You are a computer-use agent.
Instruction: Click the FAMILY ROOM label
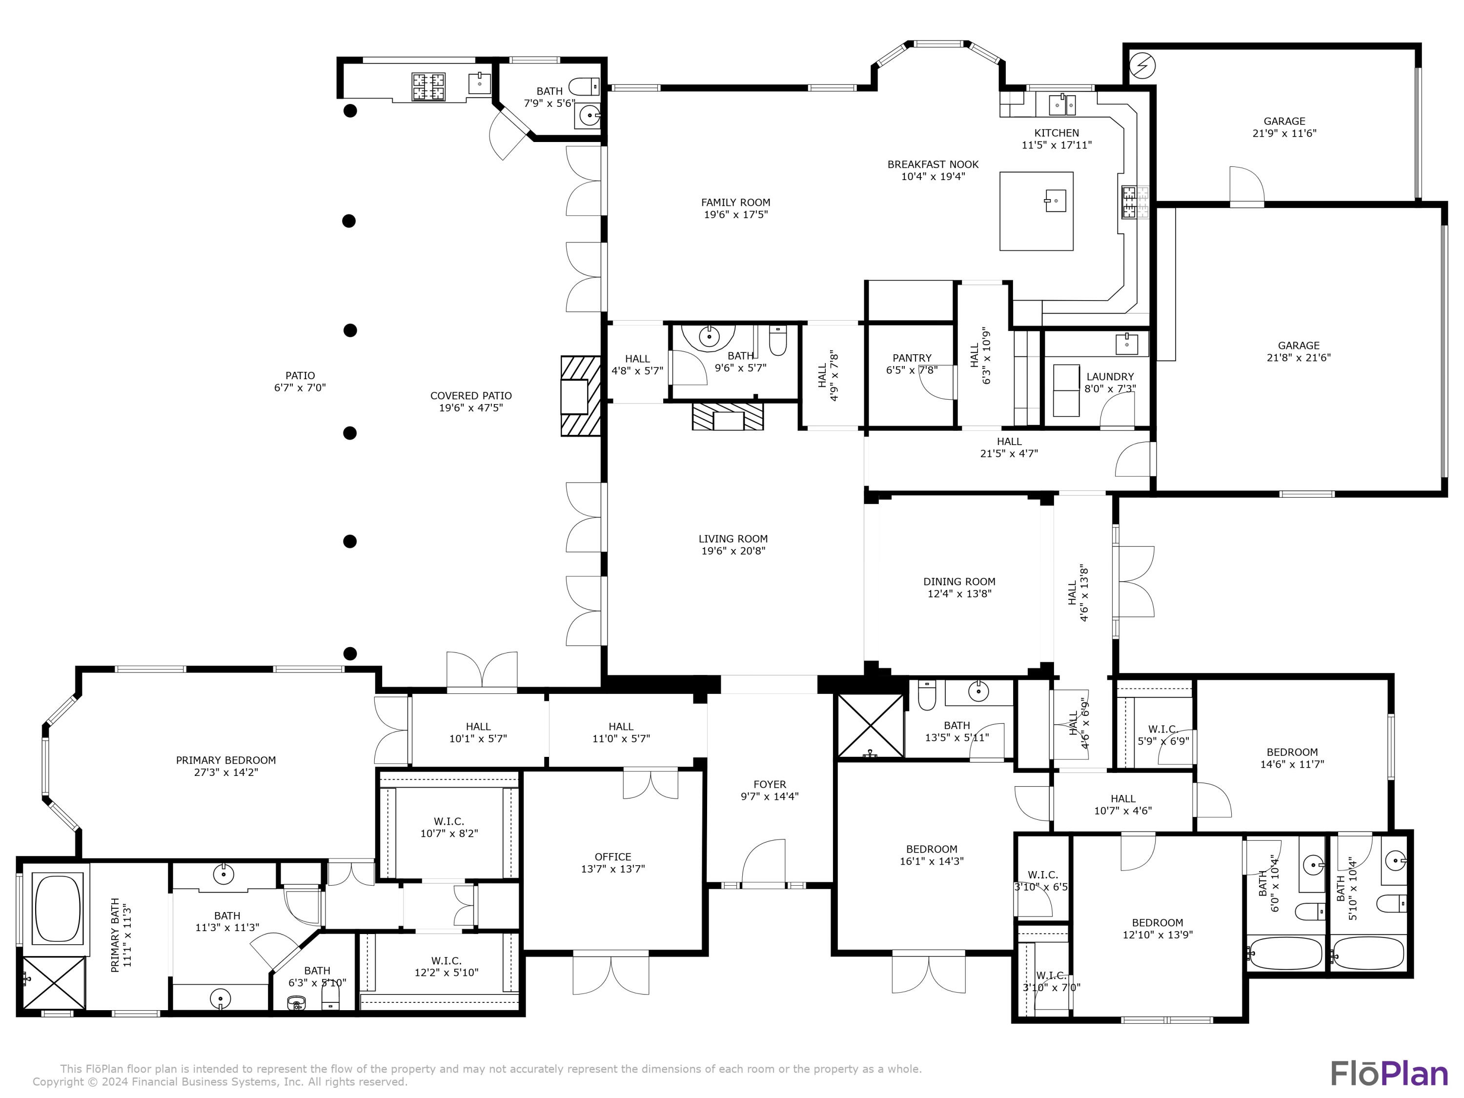pos(735,203)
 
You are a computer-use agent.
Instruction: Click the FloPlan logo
pos(1388,1073)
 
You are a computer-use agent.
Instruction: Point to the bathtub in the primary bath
pos(58,908)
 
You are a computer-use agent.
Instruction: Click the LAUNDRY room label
pos(1110,377)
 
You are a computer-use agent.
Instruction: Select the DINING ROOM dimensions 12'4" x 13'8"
pos(959,594)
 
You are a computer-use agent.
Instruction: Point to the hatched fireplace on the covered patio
pos(580,396)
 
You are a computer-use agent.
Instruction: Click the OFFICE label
pos(613,856)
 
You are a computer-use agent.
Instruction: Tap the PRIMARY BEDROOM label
pos(225,760)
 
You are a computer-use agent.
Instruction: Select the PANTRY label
pos(912,358)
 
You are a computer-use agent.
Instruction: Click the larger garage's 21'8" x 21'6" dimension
pos(1298,357)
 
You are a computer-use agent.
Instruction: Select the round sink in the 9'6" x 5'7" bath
pos(709,336)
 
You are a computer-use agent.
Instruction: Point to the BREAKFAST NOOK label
pos(933,164)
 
